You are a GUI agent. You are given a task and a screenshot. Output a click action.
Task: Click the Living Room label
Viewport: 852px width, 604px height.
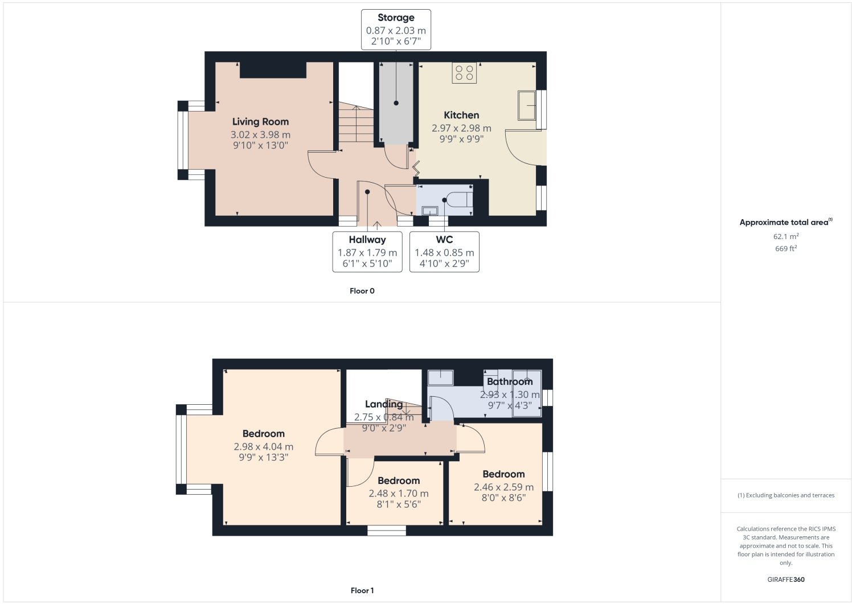click(260, 122)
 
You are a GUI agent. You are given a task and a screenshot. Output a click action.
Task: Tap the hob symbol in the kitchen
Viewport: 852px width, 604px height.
click(464, 73)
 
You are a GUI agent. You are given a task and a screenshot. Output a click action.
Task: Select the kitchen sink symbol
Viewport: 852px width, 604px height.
click(527, 105)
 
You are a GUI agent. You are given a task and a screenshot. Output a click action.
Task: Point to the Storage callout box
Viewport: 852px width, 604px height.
click(396, 30)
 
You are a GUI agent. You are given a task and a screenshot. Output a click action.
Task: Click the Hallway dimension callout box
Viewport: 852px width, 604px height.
click(367, 252)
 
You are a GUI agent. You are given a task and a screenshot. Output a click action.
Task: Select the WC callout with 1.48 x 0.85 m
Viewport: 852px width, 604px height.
click(444, 252)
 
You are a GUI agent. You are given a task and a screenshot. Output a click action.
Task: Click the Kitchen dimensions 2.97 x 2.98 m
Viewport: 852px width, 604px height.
click(461, 129)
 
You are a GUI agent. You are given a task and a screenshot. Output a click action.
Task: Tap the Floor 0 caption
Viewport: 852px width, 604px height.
click(362, 291)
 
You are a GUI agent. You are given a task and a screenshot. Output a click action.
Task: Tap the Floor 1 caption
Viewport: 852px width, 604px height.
click(362, 590)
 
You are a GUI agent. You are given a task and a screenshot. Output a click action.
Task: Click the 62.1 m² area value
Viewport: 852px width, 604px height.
click(786, 236)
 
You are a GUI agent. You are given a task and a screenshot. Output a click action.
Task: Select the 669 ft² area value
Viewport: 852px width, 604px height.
click(786, 249)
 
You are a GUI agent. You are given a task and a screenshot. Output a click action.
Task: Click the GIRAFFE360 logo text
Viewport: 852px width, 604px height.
click(786, 580)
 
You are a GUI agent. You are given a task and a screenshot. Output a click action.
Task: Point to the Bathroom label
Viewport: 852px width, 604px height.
click(510, 381)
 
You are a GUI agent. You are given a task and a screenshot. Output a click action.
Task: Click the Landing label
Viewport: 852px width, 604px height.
click(384, 404)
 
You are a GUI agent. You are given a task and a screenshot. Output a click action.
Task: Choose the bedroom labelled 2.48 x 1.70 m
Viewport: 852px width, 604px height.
click(399, 494)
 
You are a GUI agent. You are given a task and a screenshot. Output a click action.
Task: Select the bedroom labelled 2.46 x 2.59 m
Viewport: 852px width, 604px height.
click(503, 487)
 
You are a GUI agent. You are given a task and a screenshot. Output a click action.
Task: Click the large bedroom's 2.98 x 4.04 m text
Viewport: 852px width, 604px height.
click(263, 447)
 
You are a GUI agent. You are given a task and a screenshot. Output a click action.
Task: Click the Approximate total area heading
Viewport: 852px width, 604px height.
click(785, 223)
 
